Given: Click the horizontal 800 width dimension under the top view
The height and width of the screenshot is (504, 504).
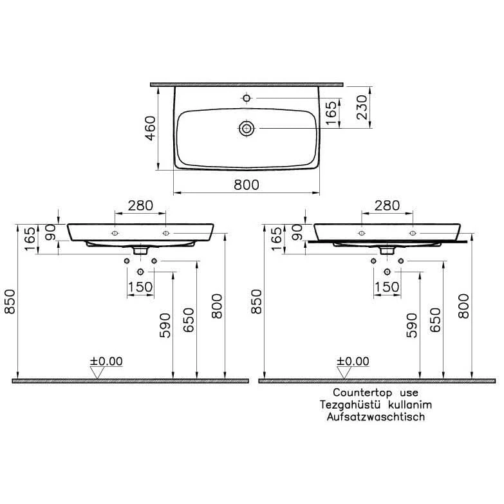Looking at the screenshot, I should [246, 185].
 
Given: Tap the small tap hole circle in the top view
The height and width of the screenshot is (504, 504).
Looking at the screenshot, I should [246, 98].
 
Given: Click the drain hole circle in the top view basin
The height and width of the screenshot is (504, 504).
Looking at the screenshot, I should [246, 129].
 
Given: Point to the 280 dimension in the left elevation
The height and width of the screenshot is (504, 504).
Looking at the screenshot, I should [140, 205].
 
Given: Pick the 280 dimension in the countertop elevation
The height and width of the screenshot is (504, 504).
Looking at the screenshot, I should [387, 205].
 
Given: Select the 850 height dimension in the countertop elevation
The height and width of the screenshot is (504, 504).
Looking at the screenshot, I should [257, 300].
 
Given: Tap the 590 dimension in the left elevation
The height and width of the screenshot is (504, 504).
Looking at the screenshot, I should [165, 326].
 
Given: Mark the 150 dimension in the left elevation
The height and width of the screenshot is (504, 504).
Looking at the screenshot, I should [140, 286].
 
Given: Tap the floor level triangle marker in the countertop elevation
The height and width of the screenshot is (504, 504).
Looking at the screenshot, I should [344, 372].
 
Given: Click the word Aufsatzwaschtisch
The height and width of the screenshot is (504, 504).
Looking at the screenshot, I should [375, 416].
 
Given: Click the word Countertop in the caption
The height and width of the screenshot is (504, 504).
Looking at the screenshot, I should [359, 392].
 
